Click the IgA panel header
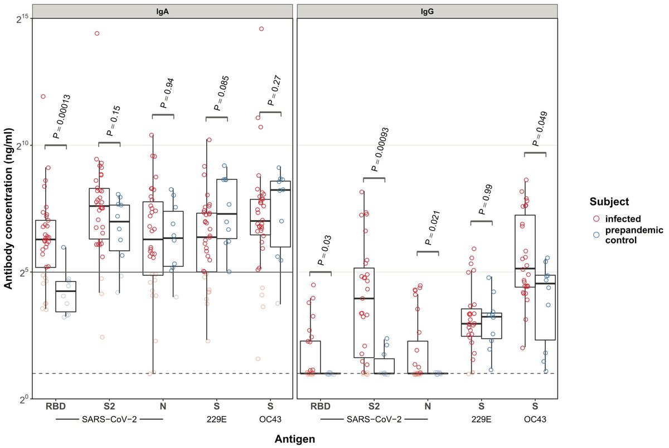[x=162, y=11]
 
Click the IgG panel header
[x=426, y=11]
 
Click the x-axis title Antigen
[x=294, y=439]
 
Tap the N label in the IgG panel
[x=427, y=406]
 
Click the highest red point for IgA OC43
[x=261, y=28]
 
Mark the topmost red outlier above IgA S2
[x=96, y=33]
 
